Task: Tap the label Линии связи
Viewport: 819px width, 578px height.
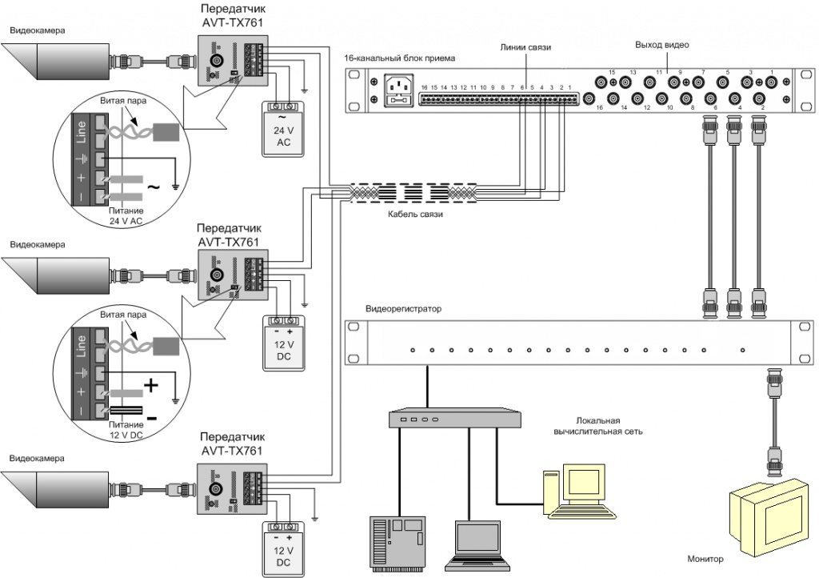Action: coord(526,48)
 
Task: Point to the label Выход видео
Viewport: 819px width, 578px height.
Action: coord(661,45)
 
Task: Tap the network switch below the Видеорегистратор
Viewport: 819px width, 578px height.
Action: coord(453,419)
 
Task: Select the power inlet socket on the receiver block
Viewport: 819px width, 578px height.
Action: coord(401,90)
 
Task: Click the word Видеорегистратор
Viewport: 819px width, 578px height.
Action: coord(403,309)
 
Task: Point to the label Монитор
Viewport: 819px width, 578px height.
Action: coord(705,560)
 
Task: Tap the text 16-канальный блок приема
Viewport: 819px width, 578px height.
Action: coord(399,58)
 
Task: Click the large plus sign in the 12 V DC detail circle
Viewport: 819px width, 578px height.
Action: coord(152,386)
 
